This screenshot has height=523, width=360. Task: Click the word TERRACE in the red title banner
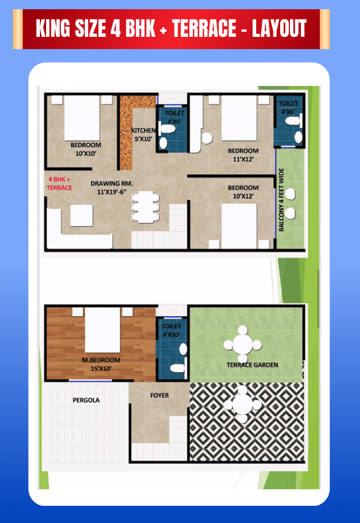[x=205, y=28]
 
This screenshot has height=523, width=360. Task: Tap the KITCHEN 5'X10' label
[x=143, y=135]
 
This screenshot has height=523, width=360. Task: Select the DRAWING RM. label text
[x=112, y=184]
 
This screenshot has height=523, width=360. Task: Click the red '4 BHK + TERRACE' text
[x=60, y=184]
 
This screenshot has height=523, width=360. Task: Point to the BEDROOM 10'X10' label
[x=86, y=149]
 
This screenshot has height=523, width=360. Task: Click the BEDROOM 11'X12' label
[x=243, y=155]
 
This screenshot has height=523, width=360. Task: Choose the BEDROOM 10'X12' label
[x=243, y=192]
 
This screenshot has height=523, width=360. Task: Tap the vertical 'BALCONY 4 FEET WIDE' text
[x=281, y=200]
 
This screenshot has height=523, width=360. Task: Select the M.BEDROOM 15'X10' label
[x=101, y=364]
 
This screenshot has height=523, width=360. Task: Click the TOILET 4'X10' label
[x=171, y=330]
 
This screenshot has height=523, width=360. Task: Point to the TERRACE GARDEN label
[x=252, y=365]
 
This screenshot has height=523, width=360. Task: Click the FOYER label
[x=159, y=395]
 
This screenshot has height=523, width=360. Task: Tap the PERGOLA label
[x=86, y=400]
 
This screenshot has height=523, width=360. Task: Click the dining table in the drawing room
[x=145, y=207]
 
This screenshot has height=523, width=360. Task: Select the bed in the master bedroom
[x=102, y=330]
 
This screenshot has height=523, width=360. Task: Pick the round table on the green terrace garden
[x=243, y=345]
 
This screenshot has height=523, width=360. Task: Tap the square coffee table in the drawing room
[x=82, y=215]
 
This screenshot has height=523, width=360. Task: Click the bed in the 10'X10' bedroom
[x=82, y=118]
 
